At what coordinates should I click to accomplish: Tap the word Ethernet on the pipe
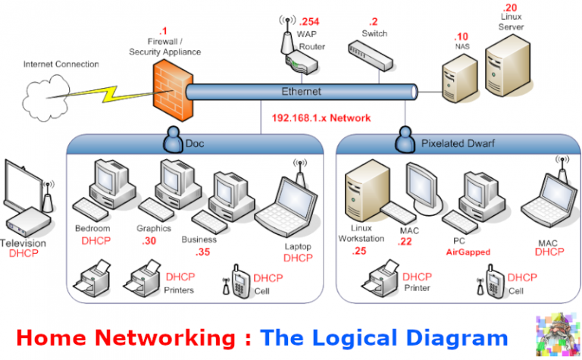pyautogui.click(x=302, y=92)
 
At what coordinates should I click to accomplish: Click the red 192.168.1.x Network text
pyautogui.click(x=321, y=118)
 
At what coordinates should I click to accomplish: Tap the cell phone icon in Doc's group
pyautogui.click(x=238, y=282)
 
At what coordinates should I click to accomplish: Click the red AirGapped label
pyautogui.click(x=468, y=252)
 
